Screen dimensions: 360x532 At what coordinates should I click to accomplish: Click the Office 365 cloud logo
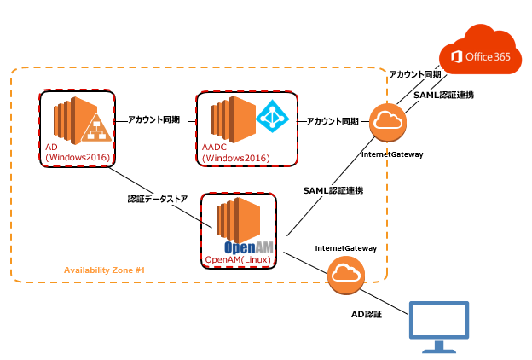click(479, 53)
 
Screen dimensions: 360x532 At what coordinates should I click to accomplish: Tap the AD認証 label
click(367, 314)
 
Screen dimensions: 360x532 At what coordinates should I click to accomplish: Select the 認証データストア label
click(158, 200)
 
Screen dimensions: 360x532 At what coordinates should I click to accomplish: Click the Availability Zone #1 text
click(105, 270)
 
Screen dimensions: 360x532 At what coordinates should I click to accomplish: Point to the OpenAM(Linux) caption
click(238, 258)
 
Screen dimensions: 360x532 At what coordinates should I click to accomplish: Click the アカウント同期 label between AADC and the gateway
click(332, 121)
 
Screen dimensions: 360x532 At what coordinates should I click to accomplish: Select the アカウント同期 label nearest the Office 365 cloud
click(415, 75)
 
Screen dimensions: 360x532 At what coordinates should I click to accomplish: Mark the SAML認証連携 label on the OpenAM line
click(333, 189)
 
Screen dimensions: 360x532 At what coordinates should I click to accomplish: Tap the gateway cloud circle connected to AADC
click(388, 122)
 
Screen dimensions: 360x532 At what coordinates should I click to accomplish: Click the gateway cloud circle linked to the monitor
click(344, 274)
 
